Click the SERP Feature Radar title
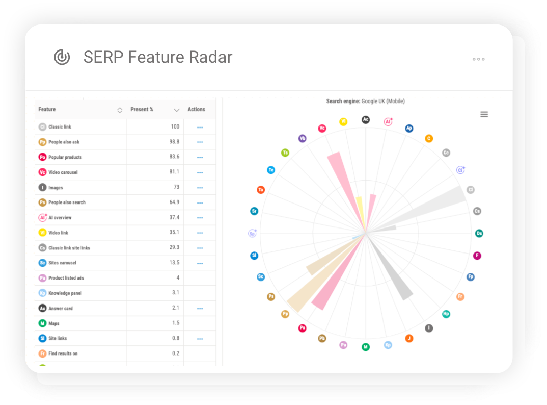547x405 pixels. click(158, 57)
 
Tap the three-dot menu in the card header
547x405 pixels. click(478, 59)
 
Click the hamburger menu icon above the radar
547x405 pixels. click(484, 114)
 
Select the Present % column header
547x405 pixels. click(142, 110)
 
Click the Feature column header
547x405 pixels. click(47, 110)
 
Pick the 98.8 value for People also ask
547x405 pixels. click(174, 142)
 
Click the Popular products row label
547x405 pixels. click(65, 157)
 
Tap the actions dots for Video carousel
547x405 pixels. click(200, 172)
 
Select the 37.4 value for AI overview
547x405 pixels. click(174, 218)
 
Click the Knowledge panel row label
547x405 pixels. click(65, 293)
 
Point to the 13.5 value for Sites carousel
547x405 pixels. click(174, 263)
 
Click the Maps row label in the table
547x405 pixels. click(54, 323)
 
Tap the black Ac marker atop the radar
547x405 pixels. click(365, 120)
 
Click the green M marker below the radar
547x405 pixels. click(365, 347)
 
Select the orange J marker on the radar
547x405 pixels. click(408, 338)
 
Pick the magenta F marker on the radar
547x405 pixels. click(477, 256)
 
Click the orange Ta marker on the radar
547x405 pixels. click(261, 190)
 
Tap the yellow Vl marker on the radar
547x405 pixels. click(343, 121)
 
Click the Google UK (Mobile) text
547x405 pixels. click(383, 102)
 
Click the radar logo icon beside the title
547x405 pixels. click(62, 57)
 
